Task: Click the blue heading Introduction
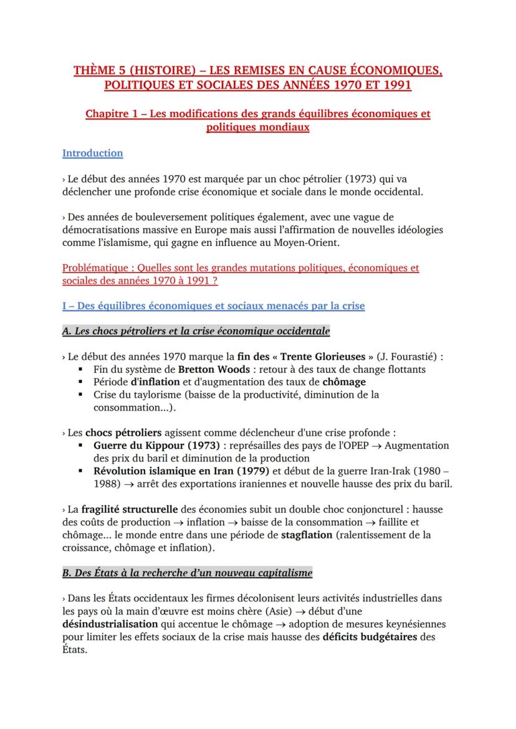(x=93, y=153)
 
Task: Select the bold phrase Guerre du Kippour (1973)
(x=156, y=446)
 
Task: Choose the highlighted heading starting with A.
(x=196, y=331)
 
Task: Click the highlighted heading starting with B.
(x=188, y=572)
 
